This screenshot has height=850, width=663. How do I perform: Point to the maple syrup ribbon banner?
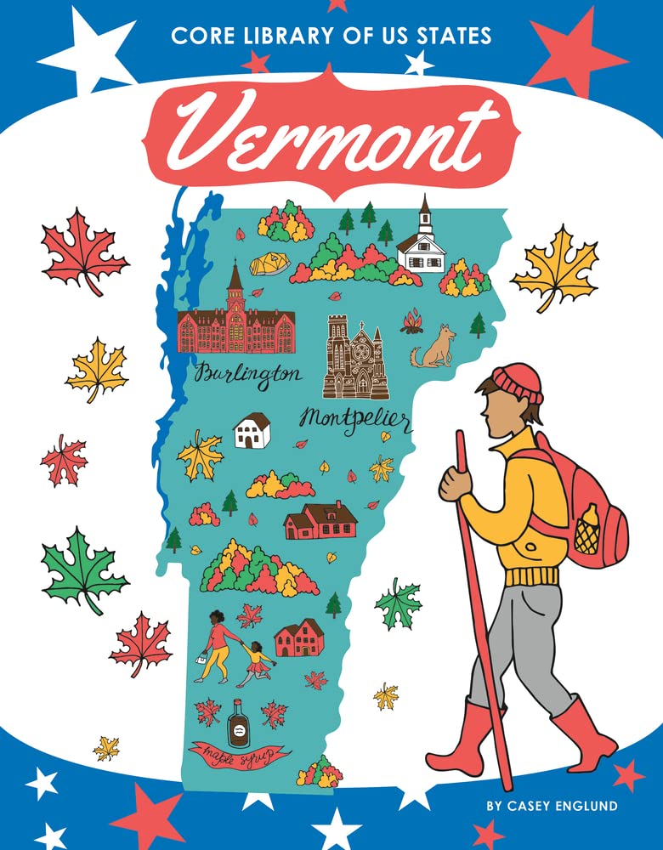(x=240, y=754)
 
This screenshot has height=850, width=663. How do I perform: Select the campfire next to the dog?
(x=411, y=320)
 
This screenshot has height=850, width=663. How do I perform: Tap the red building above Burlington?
(x=235, y=324)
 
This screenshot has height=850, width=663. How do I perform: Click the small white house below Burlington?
(x=252, y=430)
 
